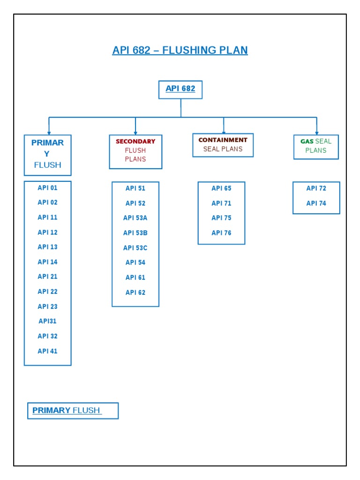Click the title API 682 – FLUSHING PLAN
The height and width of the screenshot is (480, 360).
pos(180,50)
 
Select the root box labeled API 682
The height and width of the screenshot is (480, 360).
pos(180,89)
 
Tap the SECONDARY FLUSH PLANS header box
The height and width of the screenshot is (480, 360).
pos(135,150)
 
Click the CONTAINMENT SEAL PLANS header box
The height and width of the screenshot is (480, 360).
pos(223,145)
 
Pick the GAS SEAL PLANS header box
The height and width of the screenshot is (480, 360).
pos(316,146)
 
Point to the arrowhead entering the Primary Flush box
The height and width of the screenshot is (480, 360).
pos(49,133)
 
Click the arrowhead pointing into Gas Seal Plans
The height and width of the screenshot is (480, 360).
pos(317,133)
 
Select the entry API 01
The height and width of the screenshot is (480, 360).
pos(47,188)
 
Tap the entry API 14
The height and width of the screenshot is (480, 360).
pos(47,262)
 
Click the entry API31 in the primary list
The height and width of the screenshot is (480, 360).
pos(47,321)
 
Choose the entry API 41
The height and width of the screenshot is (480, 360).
pos(47,351)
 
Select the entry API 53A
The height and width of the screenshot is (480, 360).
pos(135,218)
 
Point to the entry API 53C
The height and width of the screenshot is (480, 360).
pos(135,248)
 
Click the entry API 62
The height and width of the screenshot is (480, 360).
pos(135,292)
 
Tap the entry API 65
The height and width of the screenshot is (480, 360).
pos(221,188)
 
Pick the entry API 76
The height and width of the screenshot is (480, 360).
pos(221,233)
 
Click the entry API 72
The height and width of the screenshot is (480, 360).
pos(316,188)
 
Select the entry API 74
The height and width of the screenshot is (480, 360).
pos(316,203)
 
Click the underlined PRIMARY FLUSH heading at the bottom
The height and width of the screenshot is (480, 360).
pos(66,411)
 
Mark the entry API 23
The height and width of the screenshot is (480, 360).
pos(47,307)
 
